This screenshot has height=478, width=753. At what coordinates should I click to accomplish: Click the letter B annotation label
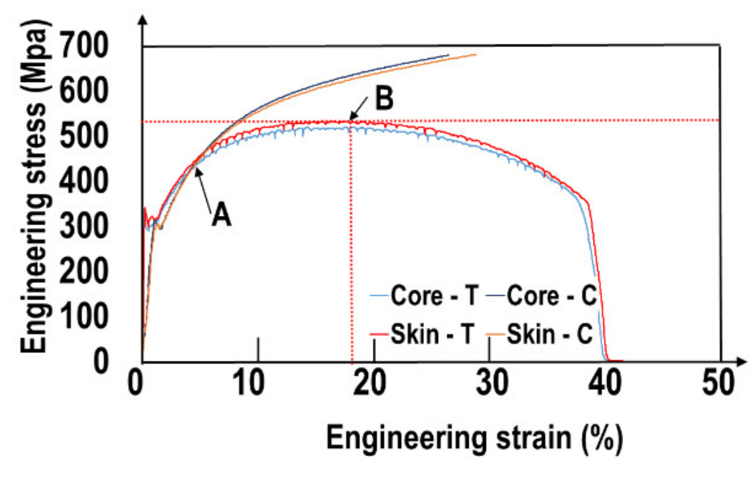(x=384, y=98)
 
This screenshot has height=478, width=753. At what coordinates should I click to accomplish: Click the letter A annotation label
(x=221, y=215)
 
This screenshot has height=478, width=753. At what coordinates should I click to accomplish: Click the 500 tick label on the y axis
(x=84, y=135)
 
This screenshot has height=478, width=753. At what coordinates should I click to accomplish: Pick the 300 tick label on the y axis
(x=84, y=225)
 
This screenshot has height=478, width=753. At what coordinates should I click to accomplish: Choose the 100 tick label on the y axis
(x=84, y=316)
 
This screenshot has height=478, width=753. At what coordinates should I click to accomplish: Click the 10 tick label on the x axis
(x=248, y=383)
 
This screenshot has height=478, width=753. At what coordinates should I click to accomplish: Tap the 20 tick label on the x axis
(x=370, y=383)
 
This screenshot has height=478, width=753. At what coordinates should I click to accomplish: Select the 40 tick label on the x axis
(x=605, y=383)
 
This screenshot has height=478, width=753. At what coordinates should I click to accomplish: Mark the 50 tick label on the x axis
(x=718, y=383)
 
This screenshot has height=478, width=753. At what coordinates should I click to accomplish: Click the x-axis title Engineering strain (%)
(x=474, y=438)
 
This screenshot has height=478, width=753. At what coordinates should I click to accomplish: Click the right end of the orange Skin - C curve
(x=475, y=55)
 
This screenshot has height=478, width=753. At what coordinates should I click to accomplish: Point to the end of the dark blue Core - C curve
(x=448, y=55)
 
